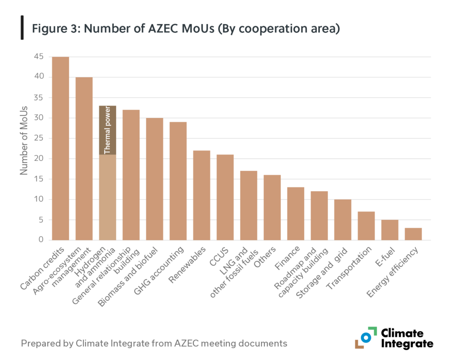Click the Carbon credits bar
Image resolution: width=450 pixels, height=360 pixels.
click(61, 148)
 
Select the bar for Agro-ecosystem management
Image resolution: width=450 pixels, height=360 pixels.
click(84, 158)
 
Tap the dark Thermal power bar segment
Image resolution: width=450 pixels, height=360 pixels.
click(108, 130)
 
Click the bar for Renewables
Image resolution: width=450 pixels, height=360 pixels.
click(202, 195)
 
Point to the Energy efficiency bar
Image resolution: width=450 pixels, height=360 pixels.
click(413, 234)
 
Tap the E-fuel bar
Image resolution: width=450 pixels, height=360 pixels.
click(390, 229)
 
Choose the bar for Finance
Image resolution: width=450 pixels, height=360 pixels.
click(296, 214)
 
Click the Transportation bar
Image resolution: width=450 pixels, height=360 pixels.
click(366, 225)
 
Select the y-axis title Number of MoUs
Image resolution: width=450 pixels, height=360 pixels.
click(24, 140)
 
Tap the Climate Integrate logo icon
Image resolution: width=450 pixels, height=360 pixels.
click(366, 338)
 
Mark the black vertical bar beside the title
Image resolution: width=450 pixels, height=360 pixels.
click(22, 27)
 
